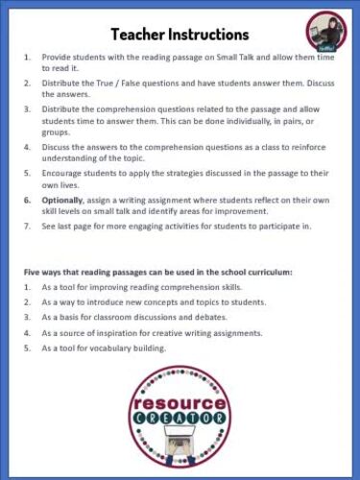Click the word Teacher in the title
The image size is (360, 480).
tap(139, 35)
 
